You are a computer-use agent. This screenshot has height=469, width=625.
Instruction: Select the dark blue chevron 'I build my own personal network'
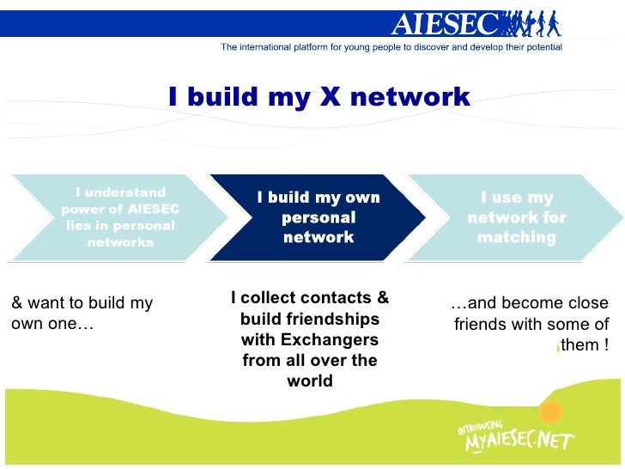coord(319,217)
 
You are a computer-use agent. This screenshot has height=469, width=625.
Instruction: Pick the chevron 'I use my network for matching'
coord(516,217)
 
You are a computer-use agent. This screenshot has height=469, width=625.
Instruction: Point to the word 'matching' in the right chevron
coord(516,237)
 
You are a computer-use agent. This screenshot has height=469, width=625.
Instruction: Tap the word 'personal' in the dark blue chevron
coord(319,218)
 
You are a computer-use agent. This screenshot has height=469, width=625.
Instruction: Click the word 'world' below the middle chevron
coord(310,381)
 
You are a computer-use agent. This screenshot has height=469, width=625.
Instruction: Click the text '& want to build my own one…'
coord(82,314)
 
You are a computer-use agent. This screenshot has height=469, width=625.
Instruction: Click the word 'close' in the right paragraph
coord(586,303)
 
